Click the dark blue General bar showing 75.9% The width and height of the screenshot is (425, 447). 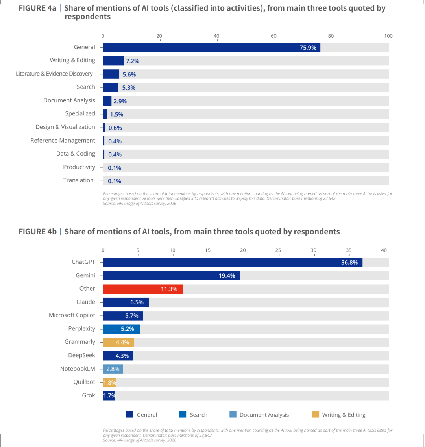point(212,47)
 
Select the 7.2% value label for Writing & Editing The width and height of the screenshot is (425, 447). point(133,61)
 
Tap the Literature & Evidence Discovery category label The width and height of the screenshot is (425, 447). point(54,74)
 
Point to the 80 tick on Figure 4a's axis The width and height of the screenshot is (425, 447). point(331,36)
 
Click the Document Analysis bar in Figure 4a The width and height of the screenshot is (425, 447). point(107,101)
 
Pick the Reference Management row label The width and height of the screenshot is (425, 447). point(63,140)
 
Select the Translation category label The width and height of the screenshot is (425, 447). point(78,180)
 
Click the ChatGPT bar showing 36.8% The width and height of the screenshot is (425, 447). point(233,262)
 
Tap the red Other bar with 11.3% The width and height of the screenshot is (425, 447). point(143,289)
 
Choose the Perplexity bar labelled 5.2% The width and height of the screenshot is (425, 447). point(121,329)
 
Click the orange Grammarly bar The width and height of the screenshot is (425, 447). point(118,342)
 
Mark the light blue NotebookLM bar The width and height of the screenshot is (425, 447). point(113,369)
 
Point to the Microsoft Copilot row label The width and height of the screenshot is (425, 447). point(72,315)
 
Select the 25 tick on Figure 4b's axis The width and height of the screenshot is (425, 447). point(278,250)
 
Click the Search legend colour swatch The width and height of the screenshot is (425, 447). point(183,414)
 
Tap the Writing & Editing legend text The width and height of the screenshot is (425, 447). point(344,415)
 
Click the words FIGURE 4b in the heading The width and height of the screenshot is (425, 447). point(38,232)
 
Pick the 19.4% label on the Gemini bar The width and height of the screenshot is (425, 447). point(227,276)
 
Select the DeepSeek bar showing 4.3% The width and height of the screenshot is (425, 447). point(118,356)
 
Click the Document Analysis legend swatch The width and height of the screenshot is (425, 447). point(233,414)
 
